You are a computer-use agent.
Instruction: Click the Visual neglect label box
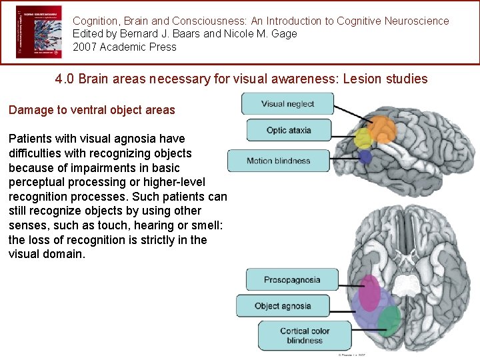287,103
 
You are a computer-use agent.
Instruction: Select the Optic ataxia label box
289,130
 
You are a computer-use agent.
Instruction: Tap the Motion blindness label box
279,161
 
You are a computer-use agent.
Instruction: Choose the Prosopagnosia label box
292,280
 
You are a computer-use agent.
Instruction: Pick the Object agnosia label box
283,306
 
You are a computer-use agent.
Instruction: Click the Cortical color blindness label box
305,335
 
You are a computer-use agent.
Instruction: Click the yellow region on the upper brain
363,139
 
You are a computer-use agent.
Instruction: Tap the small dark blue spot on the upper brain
365,157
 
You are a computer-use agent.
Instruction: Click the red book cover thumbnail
38,32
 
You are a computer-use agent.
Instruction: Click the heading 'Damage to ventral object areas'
91,110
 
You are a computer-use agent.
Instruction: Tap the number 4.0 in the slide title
65,79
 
